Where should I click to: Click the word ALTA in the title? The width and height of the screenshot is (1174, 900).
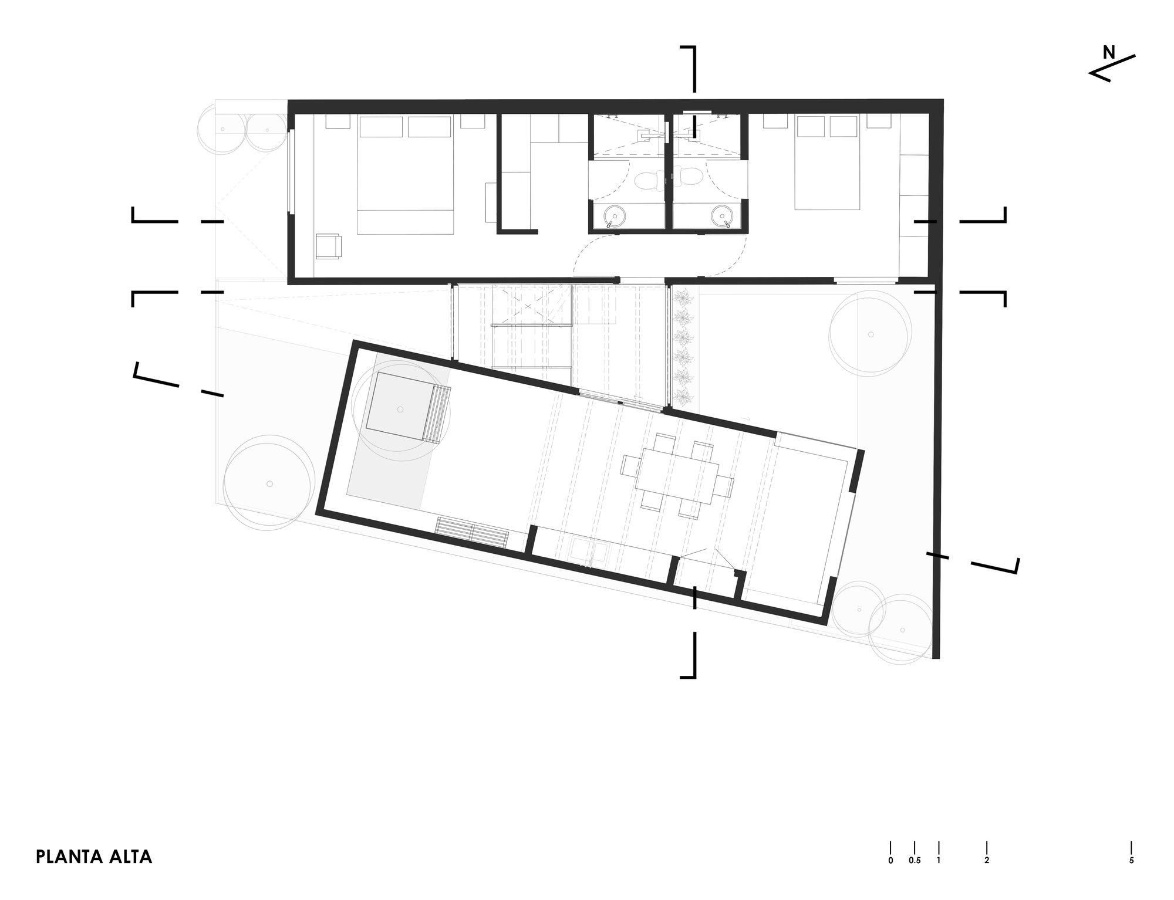[x=130, y=857]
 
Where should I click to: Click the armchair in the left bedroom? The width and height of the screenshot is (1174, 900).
[x=328, y=246]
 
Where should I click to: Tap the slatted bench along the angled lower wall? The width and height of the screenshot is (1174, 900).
[x=472, y=532]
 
